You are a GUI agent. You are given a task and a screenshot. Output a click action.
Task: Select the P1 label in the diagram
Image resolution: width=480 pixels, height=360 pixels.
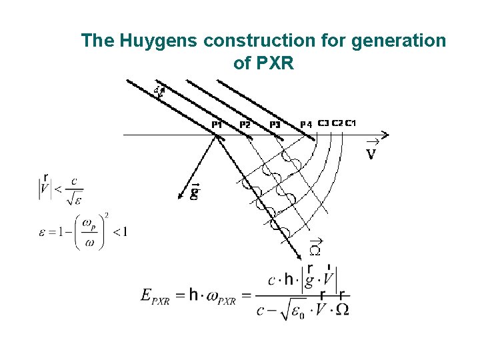pyautogui.click(x=217, y=124)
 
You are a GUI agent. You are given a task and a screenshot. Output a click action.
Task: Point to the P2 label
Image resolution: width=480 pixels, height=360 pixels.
pyautogui.click(x=245, y=124)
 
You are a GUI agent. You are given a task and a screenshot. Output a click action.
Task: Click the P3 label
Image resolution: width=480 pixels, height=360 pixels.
pyautogui.click(x=275, y=124)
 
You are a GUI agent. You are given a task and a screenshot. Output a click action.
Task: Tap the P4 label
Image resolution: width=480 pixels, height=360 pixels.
pyautogui.click(x=306, y=124)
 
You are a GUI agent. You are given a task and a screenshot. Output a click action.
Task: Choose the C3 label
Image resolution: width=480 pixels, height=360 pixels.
pyautogui.click(x=323, y=123)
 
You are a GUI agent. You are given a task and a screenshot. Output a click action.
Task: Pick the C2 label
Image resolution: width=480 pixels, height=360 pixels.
pyautogui.click(x=337, y=123)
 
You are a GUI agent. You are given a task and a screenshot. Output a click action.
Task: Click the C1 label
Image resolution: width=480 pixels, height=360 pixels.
pyautogui.click(x=351, y=123)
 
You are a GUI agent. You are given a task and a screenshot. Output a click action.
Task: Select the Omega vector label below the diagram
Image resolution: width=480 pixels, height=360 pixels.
pyautogui.click(x=317, y=251)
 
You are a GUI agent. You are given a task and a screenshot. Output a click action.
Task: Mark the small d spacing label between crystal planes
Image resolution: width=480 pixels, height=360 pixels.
pyautogui.click(x=157, y=89)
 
